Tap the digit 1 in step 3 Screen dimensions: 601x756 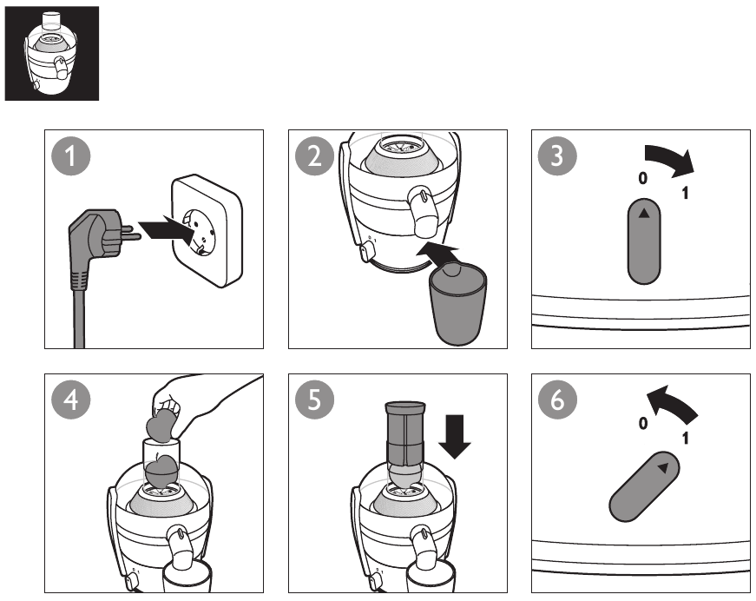click(x=686, y=193)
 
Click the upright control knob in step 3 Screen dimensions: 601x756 click(x=643, y=243)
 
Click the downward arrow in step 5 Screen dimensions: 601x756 click(x=455, y=436)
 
